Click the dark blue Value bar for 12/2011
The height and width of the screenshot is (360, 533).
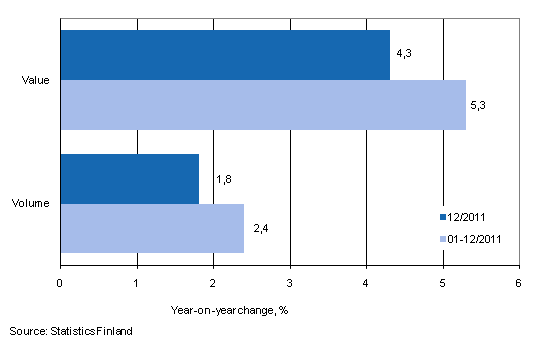pyautogui.click(x=225, y=55)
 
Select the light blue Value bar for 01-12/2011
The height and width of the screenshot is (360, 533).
pyautogui.click(x=263, y=105)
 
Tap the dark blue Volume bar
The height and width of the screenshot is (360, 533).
pyautogui.click(x=130, y=178)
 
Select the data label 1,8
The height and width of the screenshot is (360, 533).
pyautogui.click(x=224, y=179)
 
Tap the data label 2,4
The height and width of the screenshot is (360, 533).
pyautogui.click(x=262, y=230)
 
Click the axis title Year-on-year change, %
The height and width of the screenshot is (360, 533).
pyautogui.click(x=229, y=309)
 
